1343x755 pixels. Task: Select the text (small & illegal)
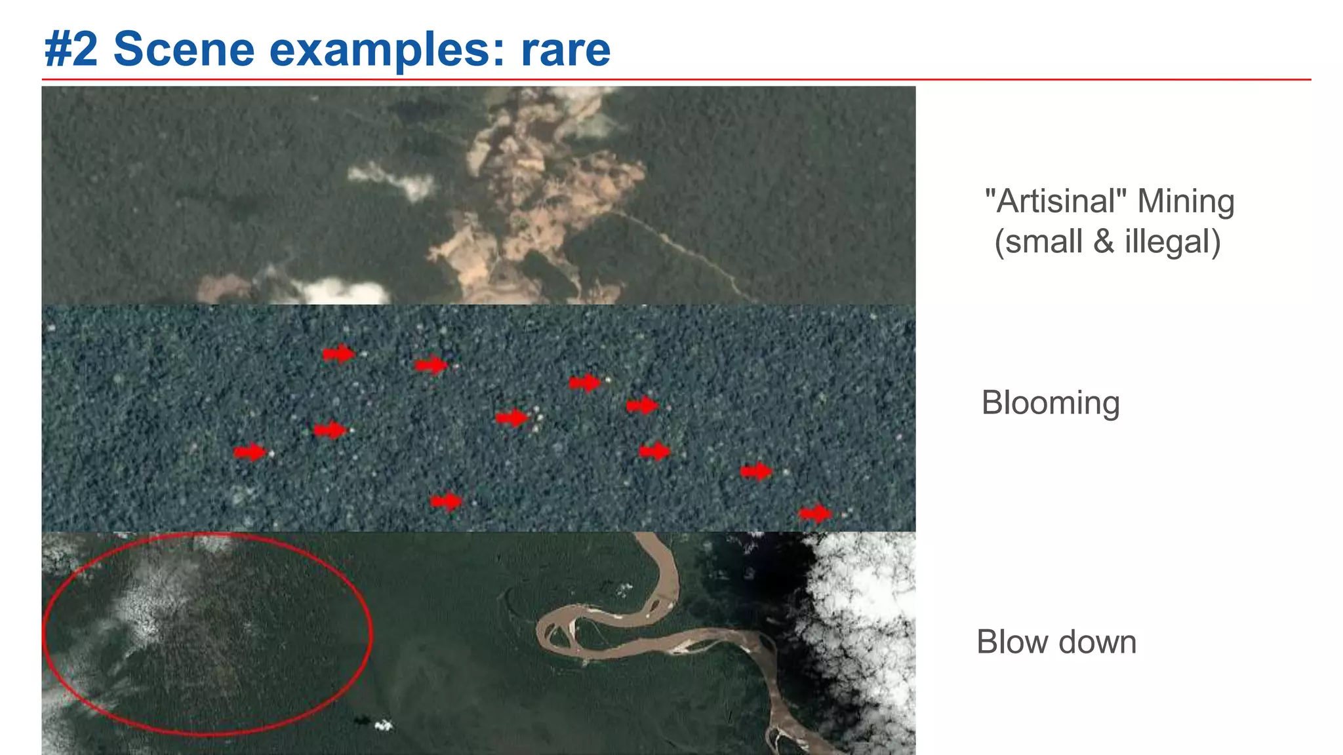pos(1108,241)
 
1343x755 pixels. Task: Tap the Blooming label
pos(1051,402)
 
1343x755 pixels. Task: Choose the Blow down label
pos(1056,642)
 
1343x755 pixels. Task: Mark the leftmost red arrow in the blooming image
pos(250,452)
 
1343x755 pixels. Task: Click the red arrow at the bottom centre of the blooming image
pos(446,502)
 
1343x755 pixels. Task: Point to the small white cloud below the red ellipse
pos(383,726)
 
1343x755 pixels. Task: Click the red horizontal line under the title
pos(675,80)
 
